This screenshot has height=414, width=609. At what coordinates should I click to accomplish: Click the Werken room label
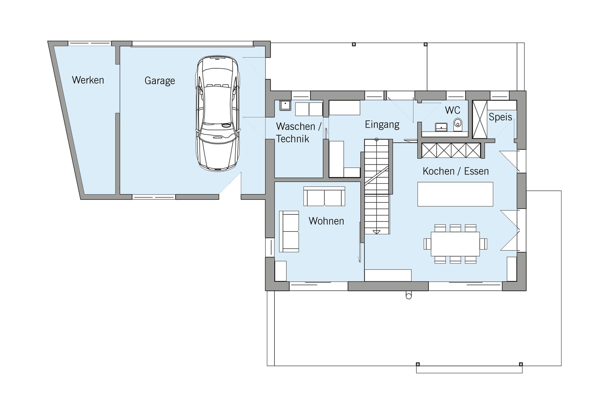point(88,80)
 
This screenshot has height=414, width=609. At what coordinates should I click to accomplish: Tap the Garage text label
point(160,81)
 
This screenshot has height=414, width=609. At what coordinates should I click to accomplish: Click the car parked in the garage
point(218,113)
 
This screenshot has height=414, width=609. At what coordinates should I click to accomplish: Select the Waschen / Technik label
point(298,132)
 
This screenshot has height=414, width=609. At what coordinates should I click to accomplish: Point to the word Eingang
point(382,125)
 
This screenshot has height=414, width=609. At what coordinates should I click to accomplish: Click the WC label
point(453,110)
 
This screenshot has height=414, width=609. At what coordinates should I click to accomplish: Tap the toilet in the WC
point(458,124)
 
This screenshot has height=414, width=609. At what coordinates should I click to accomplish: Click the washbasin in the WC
point(441,127)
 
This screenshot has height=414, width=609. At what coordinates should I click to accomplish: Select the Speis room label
point(500,117)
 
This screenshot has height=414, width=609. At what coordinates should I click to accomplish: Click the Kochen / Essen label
point(456,171)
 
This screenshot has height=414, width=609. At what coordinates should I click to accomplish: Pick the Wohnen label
point(326,221)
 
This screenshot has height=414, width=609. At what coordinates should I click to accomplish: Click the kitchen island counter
point(455,194)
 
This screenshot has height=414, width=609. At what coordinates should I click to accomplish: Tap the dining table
point(455,244)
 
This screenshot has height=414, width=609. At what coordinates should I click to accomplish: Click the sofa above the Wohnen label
point(324,196)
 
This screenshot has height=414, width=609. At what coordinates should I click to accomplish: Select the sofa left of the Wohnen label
point(289,231)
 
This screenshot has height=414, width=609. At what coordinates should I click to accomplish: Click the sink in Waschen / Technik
point(285,105)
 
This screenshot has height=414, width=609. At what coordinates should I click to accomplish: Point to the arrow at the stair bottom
point(377,232)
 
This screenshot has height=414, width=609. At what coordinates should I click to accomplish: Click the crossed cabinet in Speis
point(480,119)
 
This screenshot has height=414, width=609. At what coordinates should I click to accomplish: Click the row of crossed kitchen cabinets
point(451,150)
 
